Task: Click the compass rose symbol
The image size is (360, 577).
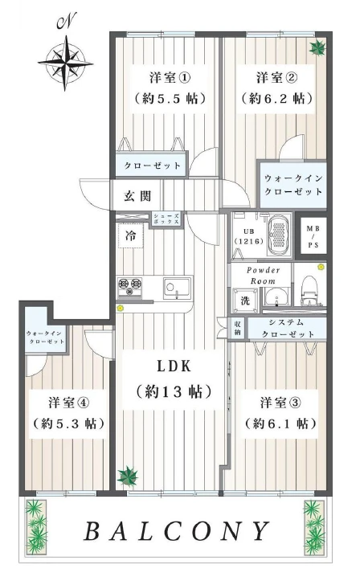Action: [65, 63]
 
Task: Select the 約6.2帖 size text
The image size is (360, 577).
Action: [277, 98]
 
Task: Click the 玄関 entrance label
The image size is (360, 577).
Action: [137, 196]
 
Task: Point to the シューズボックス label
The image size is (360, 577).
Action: [166, 219]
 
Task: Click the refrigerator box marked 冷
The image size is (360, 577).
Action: [131, 235]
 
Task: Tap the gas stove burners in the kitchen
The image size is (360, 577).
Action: [130, 287]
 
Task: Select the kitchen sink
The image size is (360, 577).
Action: [177, 287]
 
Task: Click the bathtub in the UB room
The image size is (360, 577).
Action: [280, 235]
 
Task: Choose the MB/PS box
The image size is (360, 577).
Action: [313, 236]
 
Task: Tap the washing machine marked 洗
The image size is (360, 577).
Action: [245, 300]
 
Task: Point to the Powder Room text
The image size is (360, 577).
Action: [263, 276]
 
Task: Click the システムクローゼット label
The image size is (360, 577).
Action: [288, 328]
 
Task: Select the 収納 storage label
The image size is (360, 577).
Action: [238, 328]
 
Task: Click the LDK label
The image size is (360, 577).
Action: [174, 366]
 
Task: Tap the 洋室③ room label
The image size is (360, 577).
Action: [280, 403]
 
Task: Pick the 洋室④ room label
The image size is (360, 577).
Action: [68, 403]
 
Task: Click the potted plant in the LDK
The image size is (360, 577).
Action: [127, 477]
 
